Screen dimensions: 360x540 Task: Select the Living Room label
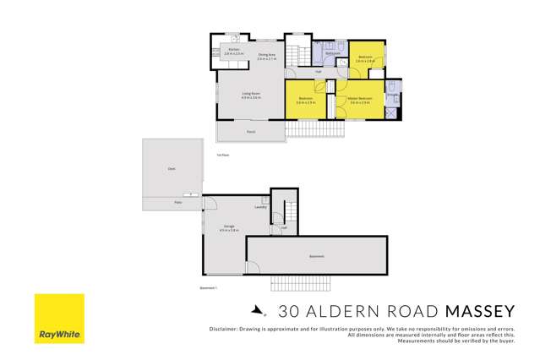pos(251,95)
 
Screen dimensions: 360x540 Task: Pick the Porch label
pos(251,132)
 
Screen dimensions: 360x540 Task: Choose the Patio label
pos(177,203)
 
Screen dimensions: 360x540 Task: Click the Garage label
pos(229,227)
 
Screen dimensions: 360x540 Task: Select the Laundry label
pos(261,207)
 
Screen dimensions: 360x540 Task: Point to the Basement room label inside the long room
pos(316,256)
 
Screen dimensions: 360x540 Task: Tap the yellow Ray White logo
pos(58,319)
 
